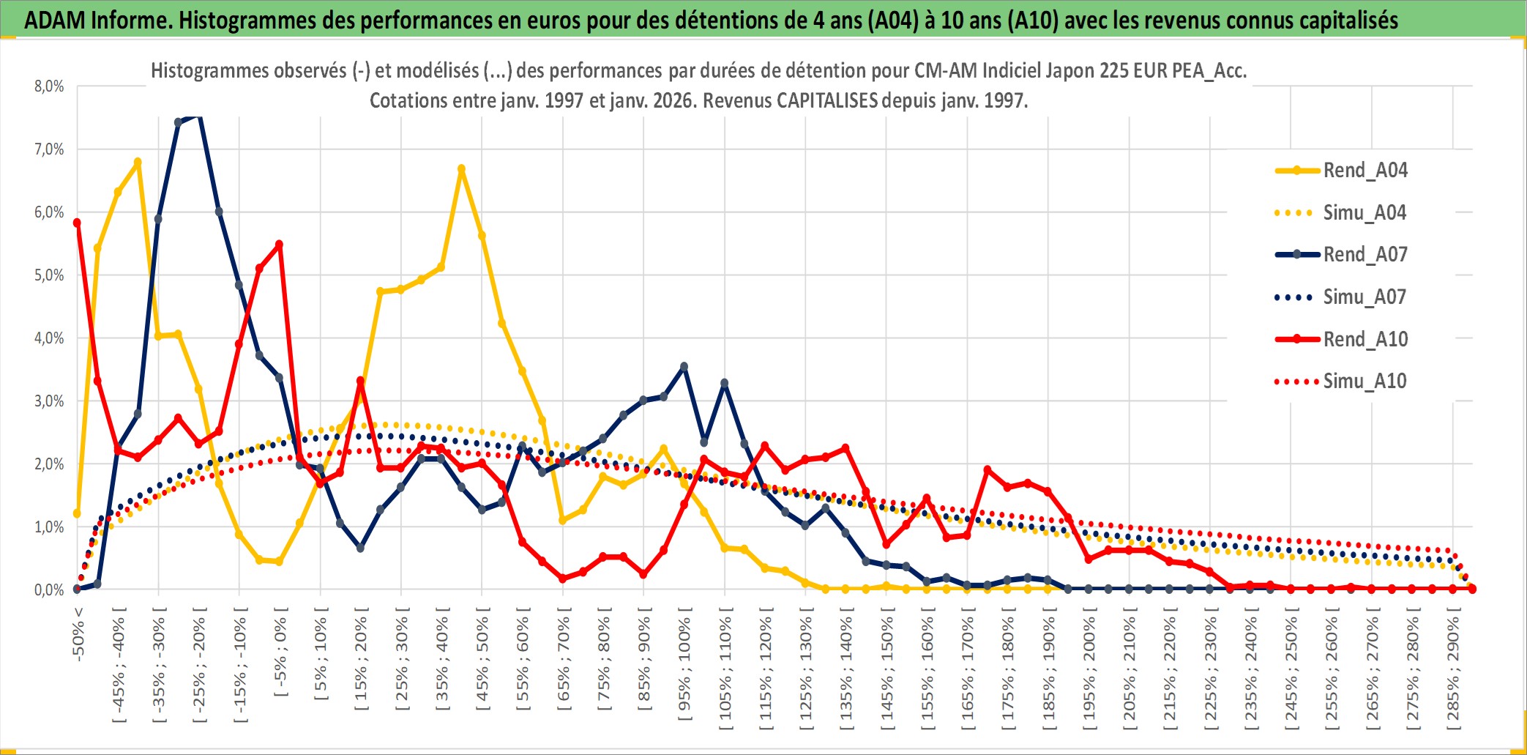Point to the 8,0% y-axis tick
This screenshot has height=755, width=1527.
(x=49, y=86)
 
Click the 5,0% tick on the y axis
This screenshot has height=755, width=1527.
(x=49, y=275)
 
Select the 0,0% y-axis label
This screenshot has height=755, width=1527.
(x=49, y=590)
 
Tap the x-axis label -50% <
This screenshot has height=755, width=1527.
(x=79, y=634)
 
